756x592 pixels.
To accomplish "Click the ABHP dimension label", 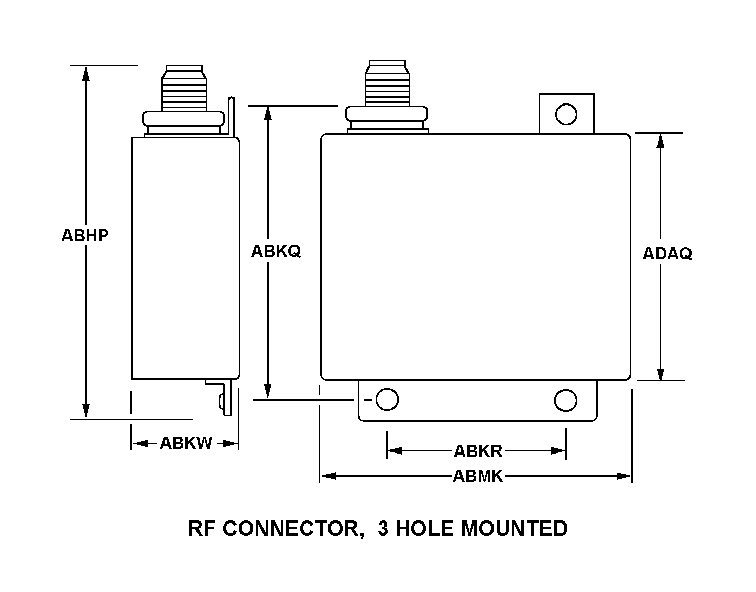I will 85,236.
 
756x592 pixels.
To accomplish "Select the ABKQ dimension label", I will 276,251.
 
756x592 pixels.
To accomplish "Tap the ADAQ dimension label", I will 667,253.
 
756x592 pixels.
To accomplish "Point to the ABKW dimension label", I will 186,443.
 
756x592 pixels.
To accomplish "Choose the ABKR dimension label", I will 477,451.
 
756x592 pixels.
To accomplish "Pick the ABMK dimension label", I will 477,476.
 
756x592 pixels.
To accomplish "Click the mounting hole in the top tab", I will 566,114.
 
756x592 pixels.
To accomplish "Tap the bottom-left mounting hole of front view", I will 387,399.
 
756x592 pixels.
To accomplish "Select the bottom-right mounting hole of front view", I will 566,400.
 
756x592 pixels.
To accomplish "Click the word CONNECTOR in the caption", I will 291,529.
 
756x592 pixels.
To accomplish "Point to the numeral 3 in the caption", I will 383,529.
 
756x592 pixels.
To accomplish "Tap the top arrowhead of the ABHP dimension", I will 86,73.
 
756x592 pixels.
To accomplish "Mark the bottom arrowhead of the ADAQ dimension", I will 660,373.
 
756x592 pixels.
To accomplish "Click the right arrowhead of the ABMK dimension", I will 624,476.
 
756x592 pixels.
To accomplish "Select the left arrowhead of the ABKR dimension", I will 395,451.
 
